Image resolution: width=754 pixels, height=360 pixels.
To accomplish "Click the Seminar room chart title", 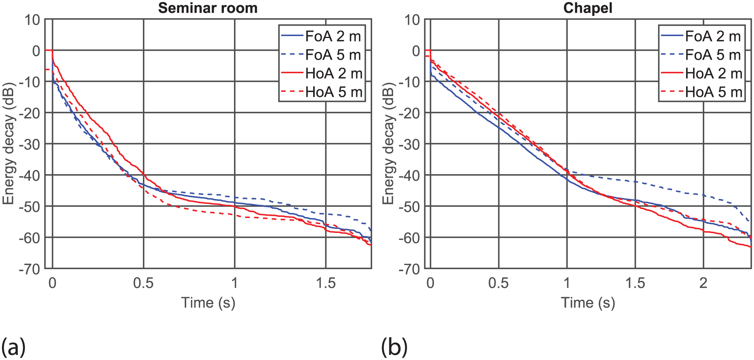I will [208, 8].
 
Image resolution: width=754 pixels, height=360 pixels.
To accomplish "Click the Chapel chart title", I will [588, 8].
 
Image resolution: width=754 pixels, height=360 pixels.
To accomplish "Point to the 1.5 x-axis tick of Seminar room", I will [326, 284].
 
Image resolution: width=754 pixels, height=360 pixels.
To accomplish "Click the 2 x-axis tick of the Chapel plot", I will [703, 284].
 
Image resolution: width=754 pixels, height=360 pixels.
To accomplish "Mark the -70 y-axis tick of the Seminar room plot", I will [29, 269].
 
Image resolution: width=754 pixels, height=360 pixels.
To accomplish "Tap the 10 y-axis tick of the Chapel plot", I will [412, 20].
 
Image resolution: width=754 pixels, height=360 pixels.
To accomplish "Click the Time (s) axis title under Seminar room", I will [208, 303].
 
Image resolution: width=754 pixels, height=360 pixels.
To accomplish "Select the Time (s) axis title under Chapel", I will [588, 303].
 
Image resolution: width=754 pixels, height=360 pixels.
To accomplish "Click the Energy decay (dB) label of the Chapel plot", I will [388, 144].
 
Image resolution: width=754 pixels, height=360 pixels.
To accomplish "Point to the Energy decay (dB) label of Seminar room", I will [8, 144].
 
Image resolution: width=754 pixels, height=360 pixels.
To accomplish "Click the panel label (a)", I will [14, 346].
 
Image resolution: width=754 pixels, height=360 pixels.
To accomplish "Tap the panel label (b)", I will [394, 346].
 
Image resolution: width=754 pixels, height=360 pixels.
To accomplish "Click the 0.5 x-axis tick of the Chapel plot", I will [498, 284].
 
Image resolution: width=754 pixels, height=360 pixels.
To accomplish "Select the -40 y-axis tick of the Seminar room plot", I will [29, 175].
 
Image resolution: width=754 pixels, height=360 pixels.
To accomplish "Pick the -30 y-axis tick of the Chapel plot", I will [409, 144].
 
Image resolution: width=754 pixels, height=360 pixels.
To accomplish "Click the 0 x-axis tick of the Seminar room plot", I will [52, 284].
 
